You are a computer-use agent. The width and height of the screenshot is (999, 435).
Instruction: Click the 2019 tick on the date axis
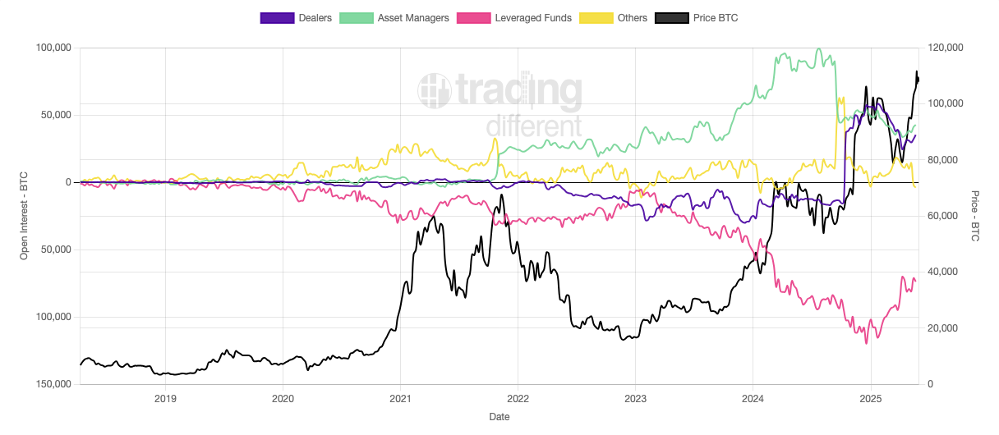[x=165, y=399]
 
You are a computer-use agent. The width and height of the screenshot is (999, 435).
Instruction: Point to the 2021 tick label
[x=400, y=399]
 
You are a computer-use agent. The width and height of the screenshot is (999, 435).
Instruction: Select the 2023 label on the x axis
[x=635, y=399]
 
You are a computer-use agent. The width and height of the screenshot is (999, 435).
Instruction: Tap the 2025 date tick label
[x=870, y=399]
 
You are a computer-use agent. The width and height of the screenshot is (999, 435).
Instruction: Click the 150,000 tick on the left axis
[x=51, y=384]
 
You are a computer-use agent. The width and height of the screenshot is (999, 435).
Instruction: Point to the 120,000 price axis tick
[x=944, y=48]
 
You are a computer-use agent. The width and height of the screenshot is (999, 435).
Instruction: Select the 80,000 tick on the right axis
[x=941, y=160]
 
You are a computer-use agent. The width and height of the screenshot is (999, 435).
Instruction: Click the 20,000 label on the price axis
[x=941, y=328]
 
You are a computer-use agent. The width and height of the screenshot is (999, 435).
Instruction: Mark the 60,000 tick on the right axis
[x=941, y=216]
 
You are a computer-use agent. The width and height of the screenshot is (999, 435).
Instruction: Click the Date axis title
[x=499, y=417]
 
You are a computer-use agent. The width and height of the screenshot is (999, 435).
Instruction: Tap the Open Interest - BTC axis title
[x=24, y=216]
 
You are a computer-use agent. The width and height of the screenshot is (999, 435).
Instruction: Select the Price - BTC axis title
[x=975, y=216]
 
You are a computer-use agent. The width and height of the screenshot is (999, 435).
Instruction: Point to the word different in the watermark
[x=533, y=126]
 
